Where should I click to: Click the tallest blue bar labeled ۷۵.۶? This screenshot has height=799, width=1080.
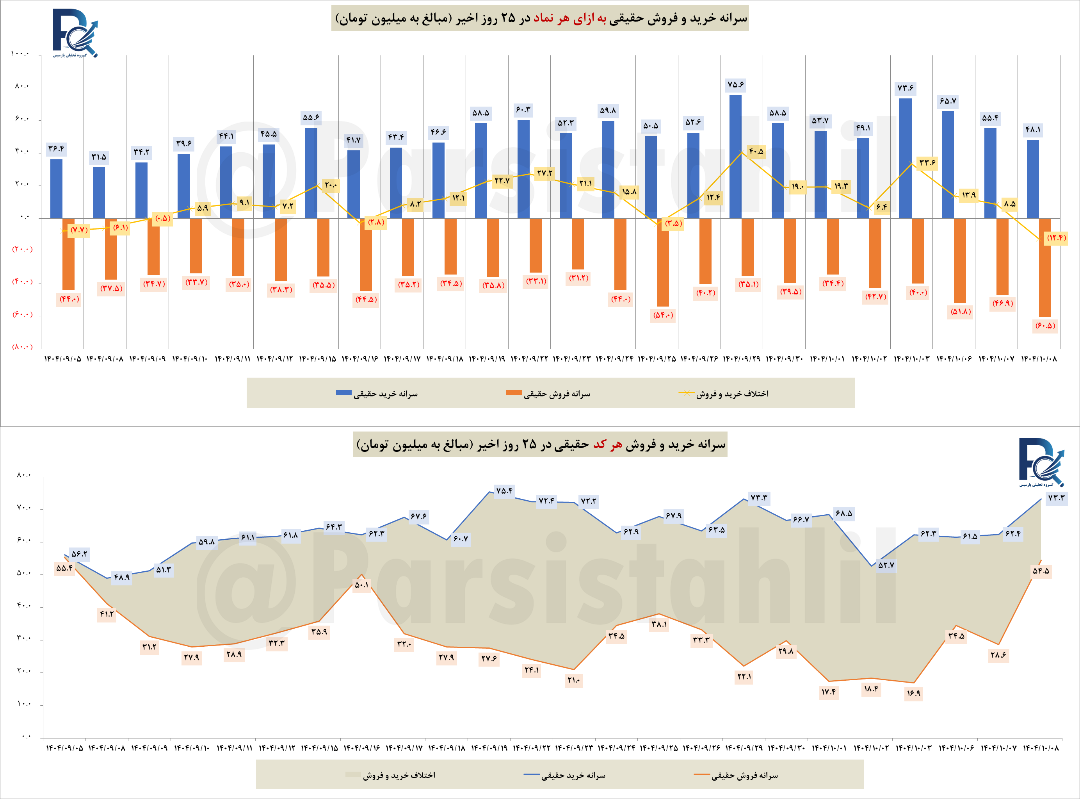(735, 156)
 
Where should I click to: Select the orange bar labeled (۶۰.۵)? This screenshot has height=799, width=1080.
(1045, 268)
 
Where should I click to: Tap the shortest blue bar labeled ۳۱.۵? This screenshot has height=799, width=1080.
(99, 192)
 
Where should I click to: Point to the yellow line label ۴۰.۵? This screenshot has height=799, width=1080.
(756, 152)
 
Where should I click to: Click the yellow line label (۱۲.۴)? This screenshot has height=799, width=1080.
(1056, 237)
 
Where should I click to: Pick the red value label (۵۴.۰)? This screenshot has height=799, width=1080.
(663, 316)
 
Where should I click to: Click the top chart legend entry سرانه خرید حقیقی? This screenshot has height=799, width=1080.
(377, 394)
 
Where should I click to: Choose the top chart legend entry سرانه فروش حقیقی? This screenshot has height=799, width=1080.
(548, 394)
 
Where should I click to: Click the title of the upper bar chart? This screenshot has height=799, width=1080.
(540, 18)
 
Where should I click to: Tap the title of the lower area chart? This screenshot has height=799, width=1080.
(540, 444)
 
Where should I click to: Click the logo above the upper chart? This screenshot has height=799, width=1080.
(75, 33)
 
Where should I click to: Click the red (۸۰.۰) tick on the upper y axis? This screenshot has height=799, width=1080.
(22, 347)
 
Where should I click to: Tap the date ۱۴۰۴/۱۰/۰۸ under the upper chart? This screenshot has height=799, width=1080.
(1039, 359)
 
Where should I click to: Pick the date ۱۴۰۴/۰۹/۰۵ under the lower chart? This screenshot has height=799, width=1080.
(64, 748)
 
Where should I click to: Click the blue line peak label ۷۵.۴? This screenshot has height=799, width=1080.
(504, 490)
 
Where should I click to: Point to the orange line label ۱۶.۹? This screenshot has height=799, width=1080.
(913, 693)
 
